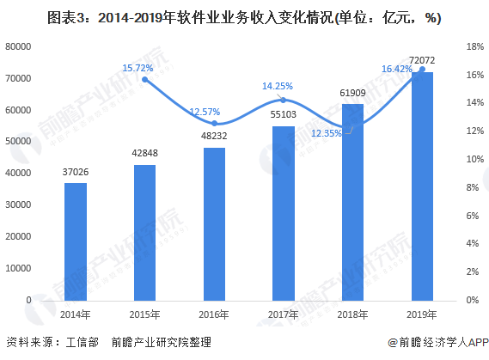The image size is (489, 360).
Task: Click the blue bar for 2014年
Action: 76,241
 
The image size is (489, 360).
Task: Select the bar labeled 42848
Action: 144,232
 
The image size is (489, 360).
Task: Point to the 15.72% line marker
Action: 144,79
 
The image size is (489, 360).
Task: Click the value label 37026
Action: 76,174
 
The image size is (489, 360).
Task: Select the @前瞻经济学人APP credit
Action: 437,341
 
